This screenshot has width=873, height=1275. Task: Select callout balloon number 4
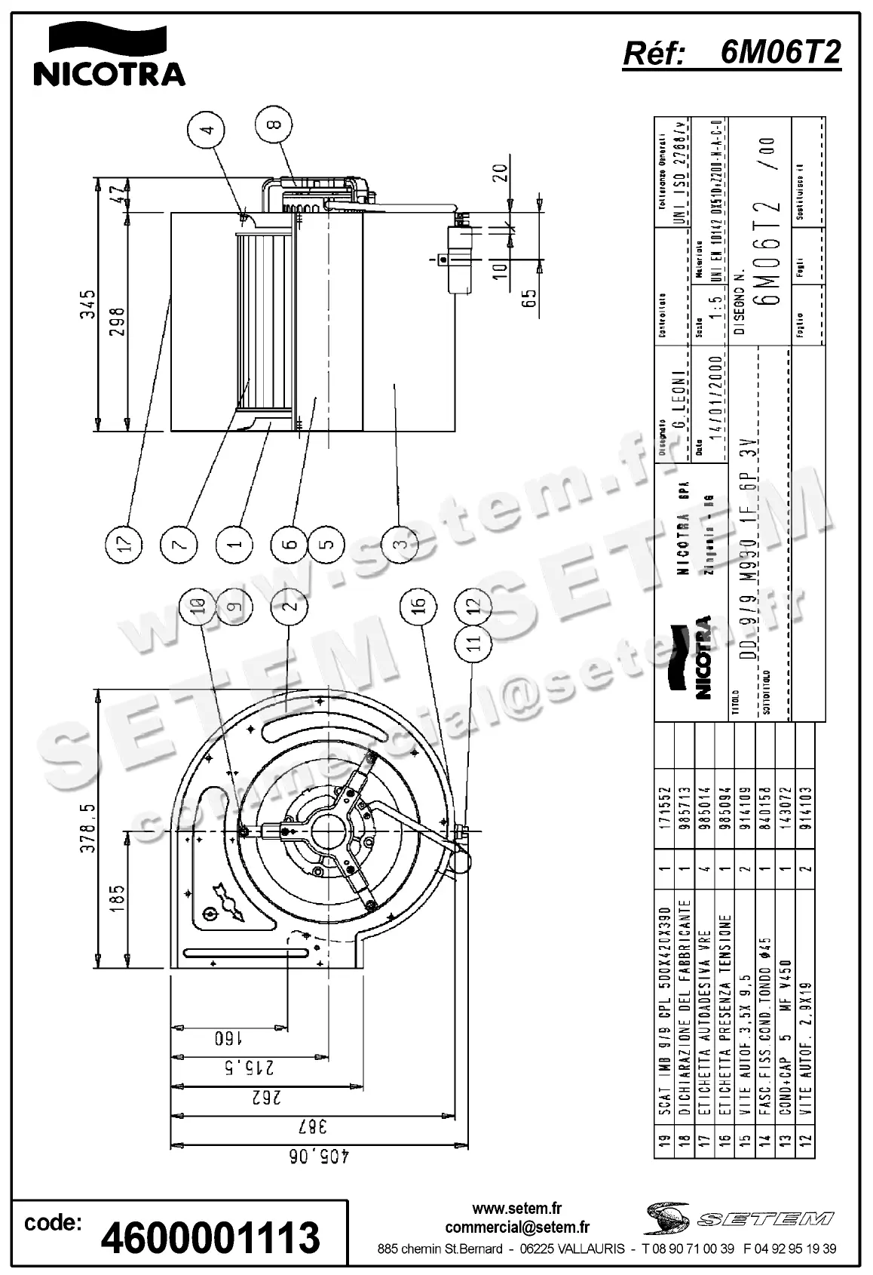206,129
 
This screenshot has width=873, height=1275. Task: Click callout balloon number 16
418,604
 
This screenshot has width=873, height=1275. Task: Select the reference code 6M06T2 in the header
780,53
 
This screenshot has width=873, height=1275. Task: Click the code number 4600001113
210,1237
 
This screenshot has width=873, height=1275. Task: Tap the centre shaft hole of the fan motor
328,833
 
